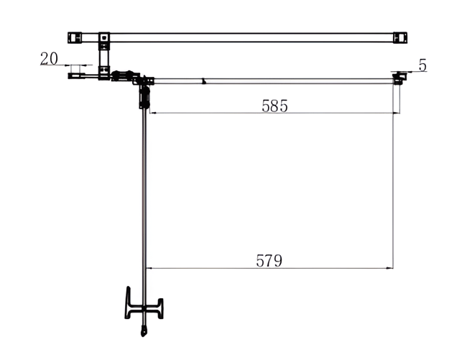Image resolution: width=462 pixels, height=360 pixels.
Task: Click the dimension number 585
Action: [274, 106]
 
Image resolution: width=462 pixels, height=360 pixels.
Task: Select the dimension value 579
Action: [269, 261]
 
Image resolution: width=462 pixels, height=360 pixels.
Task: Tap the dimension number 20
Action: [49, 58]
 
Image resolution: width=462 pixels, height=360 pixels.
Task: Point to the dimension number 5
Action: [422, 65]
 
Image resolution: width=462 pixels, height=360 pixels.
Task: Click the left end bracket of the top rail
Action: [74, 37]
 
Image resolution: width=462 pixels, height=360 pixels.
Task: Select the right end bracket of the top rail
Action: [400, 37]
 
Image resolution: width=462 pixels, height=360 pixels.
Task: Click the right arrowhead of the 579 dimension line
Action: [389, 268]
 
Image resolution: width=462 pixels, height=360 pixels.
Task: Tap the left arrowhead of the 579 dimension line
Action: [150, 268]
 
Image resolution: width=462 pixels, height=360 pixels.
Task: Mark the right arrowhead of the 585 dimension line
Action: [397, 113]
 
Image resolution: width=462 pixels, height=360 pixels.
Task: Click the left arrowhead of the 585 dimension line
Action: [154, 113]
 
